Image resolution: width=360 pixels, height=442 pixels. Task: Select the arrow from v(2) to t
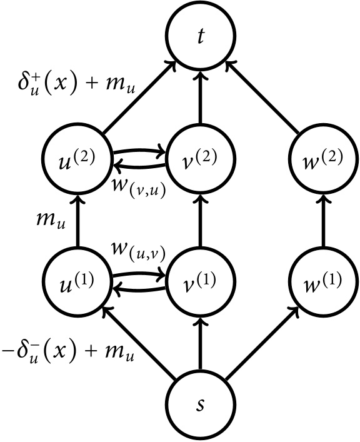(200, 97)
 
